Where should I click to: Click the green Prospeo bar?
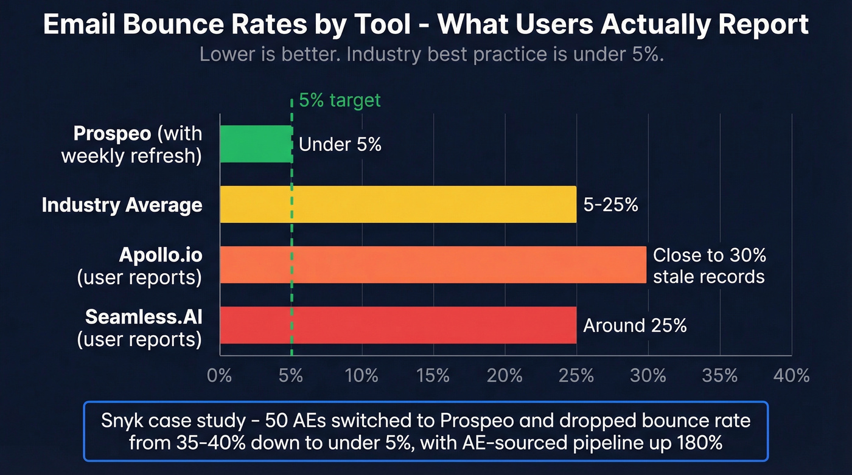click(256, 144)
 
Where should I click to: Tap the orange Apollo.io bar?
click(432, 265)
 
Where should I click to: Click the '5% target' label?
click(340, 100)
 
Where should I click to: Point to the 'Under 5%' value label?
click(340, 145)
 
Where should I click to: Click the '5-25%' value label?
click(611, 205)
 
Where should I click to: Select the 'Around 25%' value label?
click(635, 326)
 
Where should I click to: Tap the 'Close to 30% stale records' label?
click(708, 265)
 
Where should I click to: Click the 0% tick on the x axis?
click(220, 375)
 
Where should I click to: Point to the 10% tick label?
click(362, 375)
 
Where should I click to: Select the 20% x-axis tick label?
click(505, 375)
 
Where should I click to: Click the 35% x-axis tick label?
click(720, 375)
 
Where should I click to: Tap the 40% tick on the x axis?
click(791, 375)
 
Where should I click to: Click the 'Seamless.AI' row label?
click(144, 317)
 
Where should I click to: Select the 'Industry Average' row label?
click(122, 205)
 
